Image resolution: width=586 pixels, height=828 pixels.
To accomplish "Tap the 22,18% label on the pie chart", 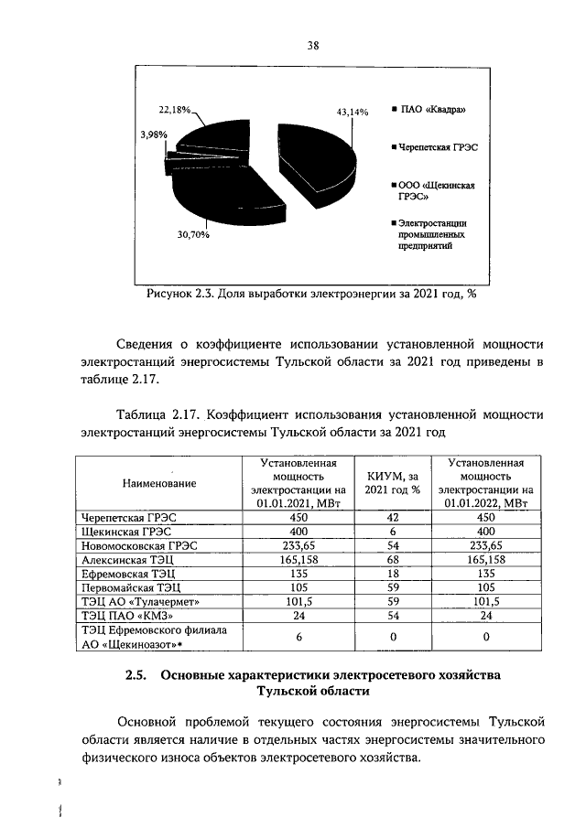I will point(175,110).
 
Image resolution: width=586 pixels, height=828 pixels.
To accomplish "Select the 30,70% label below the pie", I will point(193,235).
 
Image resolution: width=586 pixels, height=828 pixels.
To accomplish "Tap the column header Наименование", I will point(158,482).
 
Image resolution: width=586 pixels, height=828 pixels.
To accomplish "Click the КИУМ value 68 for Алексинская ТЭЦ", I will point(393,559).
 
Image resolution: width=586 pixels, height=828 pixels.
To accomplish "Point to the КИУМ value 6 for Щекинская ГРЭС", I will point(393,531).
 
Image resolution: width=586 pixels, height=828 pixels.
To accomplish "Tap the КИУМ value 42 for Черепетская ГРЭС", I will point(393,516).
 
